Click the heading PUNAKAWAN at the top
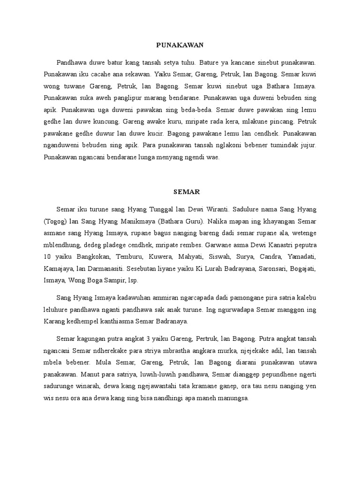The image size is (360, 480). coord(180,45)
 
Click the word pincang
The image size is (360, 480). coord(283,121)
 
